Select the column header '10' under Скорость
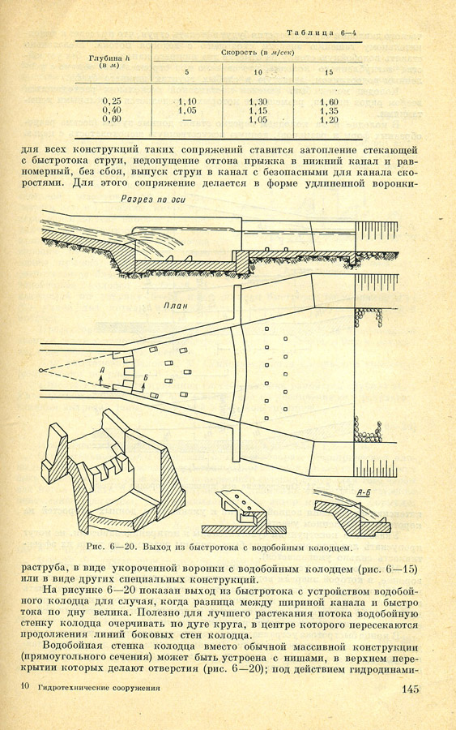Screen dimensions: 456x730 tap(258, 72)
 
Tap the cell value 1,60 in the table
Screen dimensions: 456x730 tap(329, 102)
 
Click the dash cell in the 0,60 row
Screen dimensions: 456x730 tap(187, 120)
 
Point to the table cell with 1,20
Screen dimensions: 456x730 tap(329, 120)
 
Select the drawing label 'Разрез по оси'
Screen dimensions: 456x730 tap(153, 200)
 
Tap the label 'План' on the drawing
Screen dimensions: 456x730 tap(175, 306)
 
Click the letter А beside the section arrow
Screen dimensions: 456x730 tap(102, 369)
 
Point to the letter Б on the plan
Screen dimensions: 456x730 tap(145, 377)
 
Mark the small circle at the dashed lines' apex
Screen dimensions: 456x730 tap(42, 371)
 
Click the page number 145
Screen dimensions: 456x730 tap(411, 689)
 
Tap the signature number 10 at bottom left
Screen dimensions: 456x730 tap(27, 687)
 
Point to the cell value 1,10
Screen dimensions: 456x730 tap(187, 102)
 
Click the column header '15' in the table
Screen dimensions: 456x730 tap(329, 73)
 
